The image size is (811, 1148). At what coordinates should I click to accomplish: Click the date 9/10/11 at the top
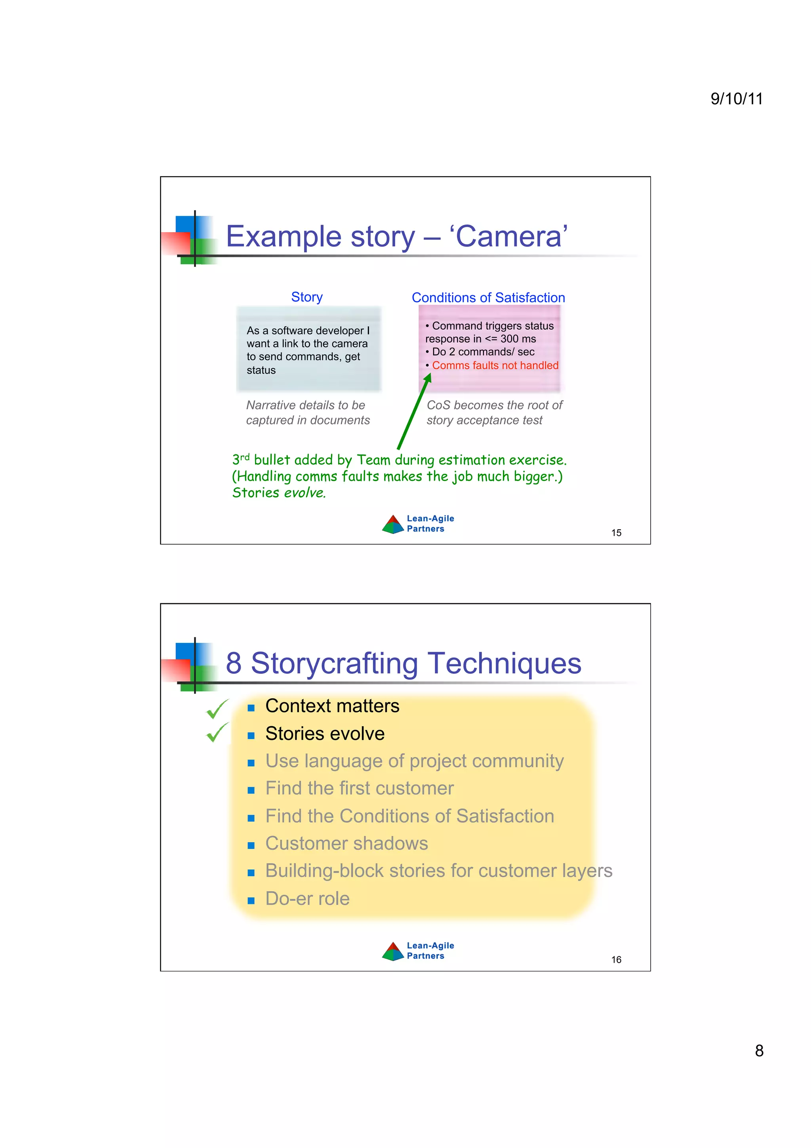coord(736,99)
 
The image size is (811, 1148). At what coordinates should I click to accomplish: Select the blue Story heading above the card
coord(307,297)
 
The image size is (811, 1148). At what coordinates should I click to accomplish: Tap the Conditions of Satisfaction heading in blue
coord(488,297)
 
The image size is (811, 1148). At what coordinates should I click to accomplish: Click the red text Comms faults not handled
coord(495,366)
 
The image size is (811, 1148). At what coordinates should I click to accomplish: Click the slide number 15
coord(616,533)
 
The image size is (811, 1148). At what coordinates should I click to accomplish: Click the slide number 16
coord(616,959)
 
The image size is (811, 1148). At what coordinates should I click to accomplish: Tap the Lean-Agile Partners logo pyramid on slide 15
coord(393,524)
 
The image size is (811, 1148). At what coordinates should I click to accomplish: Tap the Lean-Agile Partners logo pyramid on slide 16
coord(393,952)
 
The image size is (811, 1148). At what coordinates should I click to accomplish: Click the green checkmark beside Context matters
coord(217,709)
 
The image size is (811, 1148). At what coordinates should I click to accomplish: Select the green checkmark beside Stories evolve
coord(217,732)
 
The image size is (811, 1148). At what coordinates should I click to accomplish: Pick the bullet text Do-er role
coord(307,898)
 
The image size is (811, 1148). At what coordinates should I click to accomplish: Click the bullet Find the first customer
coord(359,788)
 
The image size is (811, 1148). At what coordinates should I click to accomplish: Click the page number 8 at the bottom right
coord(759,1051)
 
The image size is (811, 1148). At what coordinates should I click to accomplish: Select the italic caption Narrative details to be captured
coord(308,412)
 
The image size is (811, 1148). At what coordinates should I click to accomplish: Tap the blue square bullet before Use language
coord(251,763)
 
